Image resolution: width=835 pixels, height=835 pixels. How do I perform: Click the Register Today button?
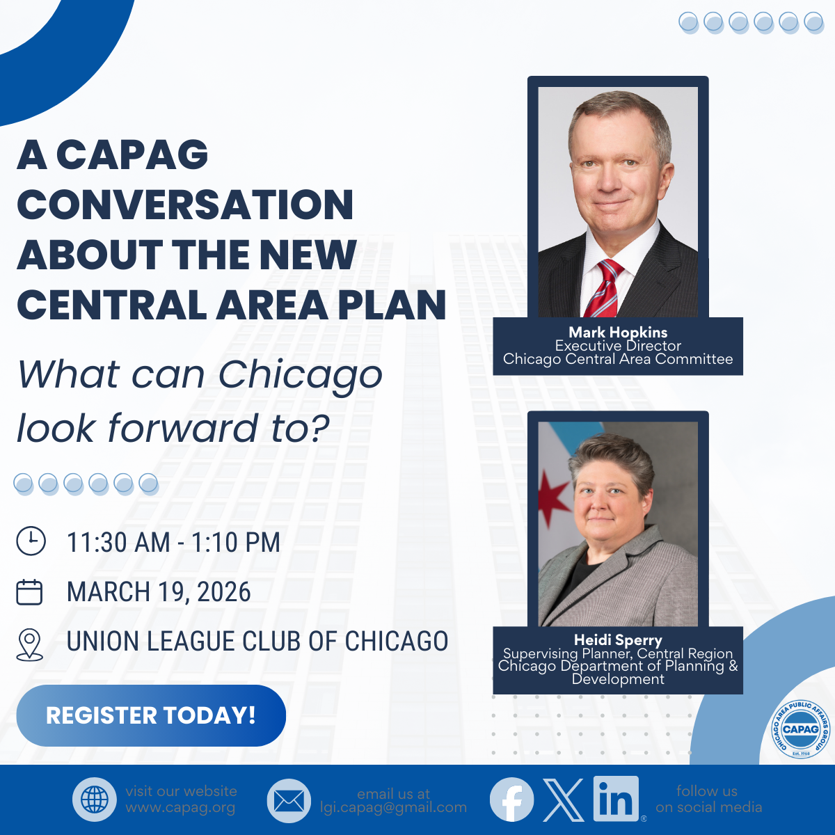click(x=151, y=715)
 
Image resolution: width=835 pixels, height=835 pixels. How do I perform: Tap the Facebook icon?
click(x=511, y=800)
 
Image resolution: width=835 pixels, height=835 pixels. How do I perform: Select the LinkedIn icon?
click(x=616, y=799)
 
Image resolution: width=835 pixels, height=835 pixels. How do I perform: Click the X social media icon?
click(x=564, y=800)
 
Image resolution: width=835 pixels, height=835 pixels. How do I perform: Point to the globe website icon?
click(x=95, y=800)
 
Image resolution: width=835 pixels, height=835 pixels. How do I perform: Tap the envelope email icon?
click(x=289, y=801)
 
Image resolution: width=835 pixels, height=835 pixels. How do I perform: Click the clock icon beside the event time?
click(x=31, y=541)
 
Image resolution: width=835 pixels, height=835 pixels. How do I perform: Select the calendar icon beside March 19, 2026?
click(x=29, y=592)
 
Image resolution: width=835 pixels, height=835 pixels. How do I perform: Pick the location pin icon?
click(x=29, y=645)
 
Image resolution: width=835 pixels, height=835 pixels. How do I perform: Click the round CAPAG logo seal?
click(x=801, y=729)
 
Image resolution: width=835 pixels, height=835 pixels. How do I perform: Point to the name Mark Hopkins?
click(x=618, y=333)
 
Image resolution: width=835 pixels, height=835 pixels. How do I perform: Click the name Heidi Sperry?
click(x=618, y=639)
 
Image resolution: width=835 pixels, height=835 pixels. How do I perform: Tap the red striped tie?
click(x=603, y=288)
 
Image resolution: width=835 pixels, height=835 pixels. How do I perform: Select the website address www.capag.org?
click(x=180, y=808)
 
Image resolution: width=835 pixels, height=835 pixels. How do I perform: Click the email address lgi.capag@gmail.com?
click(x=393, y=808)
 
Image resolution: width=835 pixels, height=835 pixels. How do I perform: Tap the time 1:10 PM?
click(x=236, y=542)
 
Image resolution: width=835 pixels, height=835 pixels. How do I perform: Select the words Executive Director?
click(x=618, y=346)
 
